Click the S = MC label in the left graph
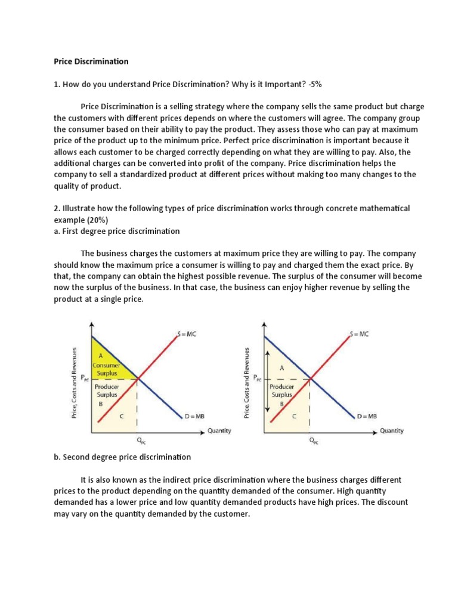tap(186, 334)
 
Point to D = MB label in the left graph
tap(194, 416)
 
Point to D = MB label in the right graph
tap(367, 416)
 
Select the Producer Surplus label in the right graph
tap(284, 390)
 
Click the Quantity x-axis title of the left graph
tap(219, 430)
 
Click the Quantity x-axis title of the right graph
tap(392, 430)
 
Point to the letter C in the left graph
tap(122, 415)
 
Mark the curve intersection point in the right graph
tap(310, 378)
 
